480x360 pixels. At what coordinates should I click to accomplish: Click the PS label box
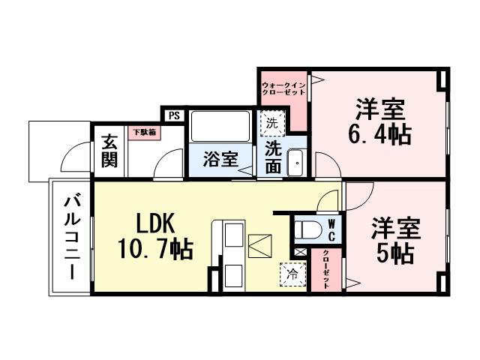(173, 115)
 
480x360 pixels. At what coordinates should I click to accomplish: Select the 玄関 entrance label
(109, 149)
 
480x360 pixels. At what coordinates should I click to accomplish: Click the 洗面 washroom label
(273, 157)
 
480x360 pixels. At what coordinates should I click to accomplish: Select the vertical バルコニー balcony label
(72, 235)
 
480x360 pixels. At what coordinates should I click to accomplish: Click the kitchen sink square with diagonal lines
(260, 245)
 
